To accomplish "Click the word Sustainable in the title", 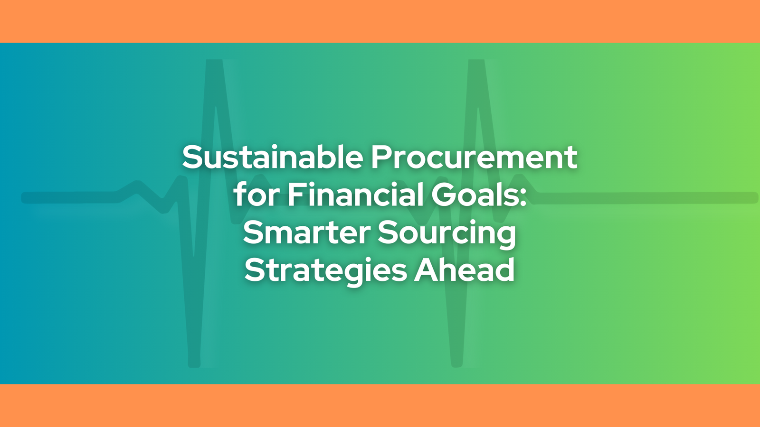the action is pyautogui.click(x=273, y=157).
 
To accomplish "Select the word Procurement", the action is pyautogui.click(x=475, y=157).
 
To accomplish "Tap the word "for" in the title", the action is pyautogui.click(x=256, y=194).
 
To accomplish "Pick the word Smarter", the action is pyautogui.click(x=307, y=232).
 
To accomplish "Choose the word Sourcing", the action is pyautogui.click(x=447, y=234).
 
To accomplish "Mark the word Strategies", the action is pyautogui.click(x=325, y=271).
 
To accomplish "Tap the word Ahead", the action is pyautogui.click(x=464, y=269).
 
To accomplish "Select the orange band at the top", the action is pyautogui.click(x=380, y=21).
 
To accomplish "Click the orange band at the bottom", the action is pyautogui.click(x=380, y=406).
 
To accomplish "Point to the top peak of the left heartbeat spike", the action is pyautogui.click(x=214, y=62).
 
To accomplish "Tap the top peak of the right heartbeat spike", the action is pyautogui.click(x=476, y=62).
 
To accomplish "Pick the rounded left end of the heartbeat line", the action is pyautogui.click(x=24, y=197).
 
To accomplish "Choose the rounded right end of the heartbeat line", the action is pyautogui.click(x=755, y=197).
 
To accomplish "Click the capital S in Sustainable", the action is pyautogui.click(x=193, y=157).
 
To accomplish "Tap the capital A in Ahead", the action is pyautogui.click(x=426, y=270).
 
